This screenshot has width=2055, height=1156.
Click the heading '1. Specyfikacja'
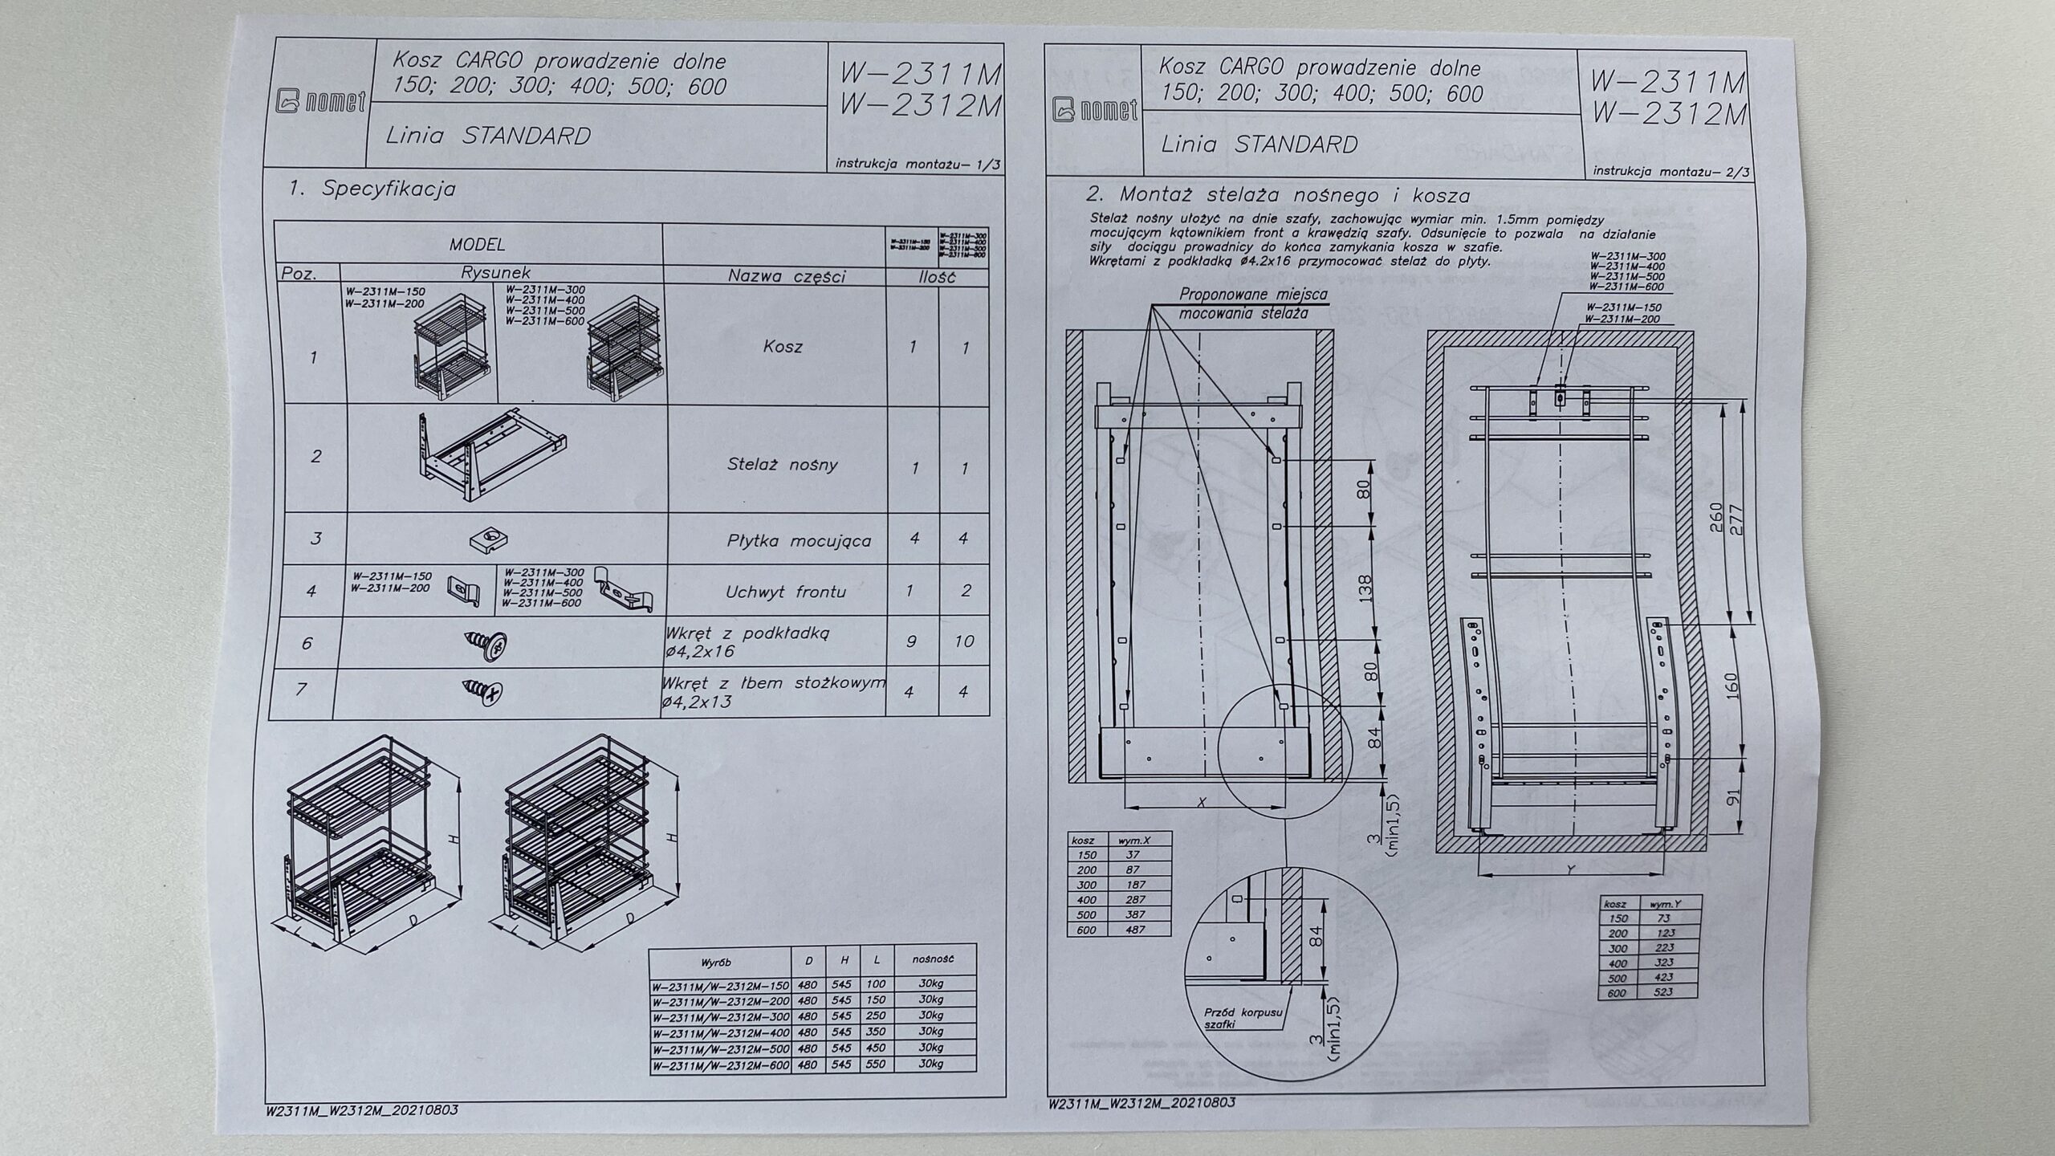372,189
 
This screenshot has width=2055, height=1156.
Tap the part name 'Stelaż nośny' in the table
782,464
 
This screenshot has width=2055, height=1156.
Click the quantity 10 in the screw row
964,641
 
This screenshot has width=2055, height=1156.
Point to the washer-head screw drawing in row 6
487,645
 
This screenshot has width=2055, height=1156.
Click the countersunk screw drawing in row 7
482,690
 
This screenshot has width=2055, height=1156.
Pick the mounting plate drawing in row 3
490,540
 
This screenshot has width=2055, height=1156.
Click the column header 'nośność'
932,959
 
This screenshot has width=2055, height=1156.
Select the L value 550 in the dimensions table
876,1064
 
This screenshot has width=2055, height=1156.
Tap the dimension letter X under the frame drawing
1201,802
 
